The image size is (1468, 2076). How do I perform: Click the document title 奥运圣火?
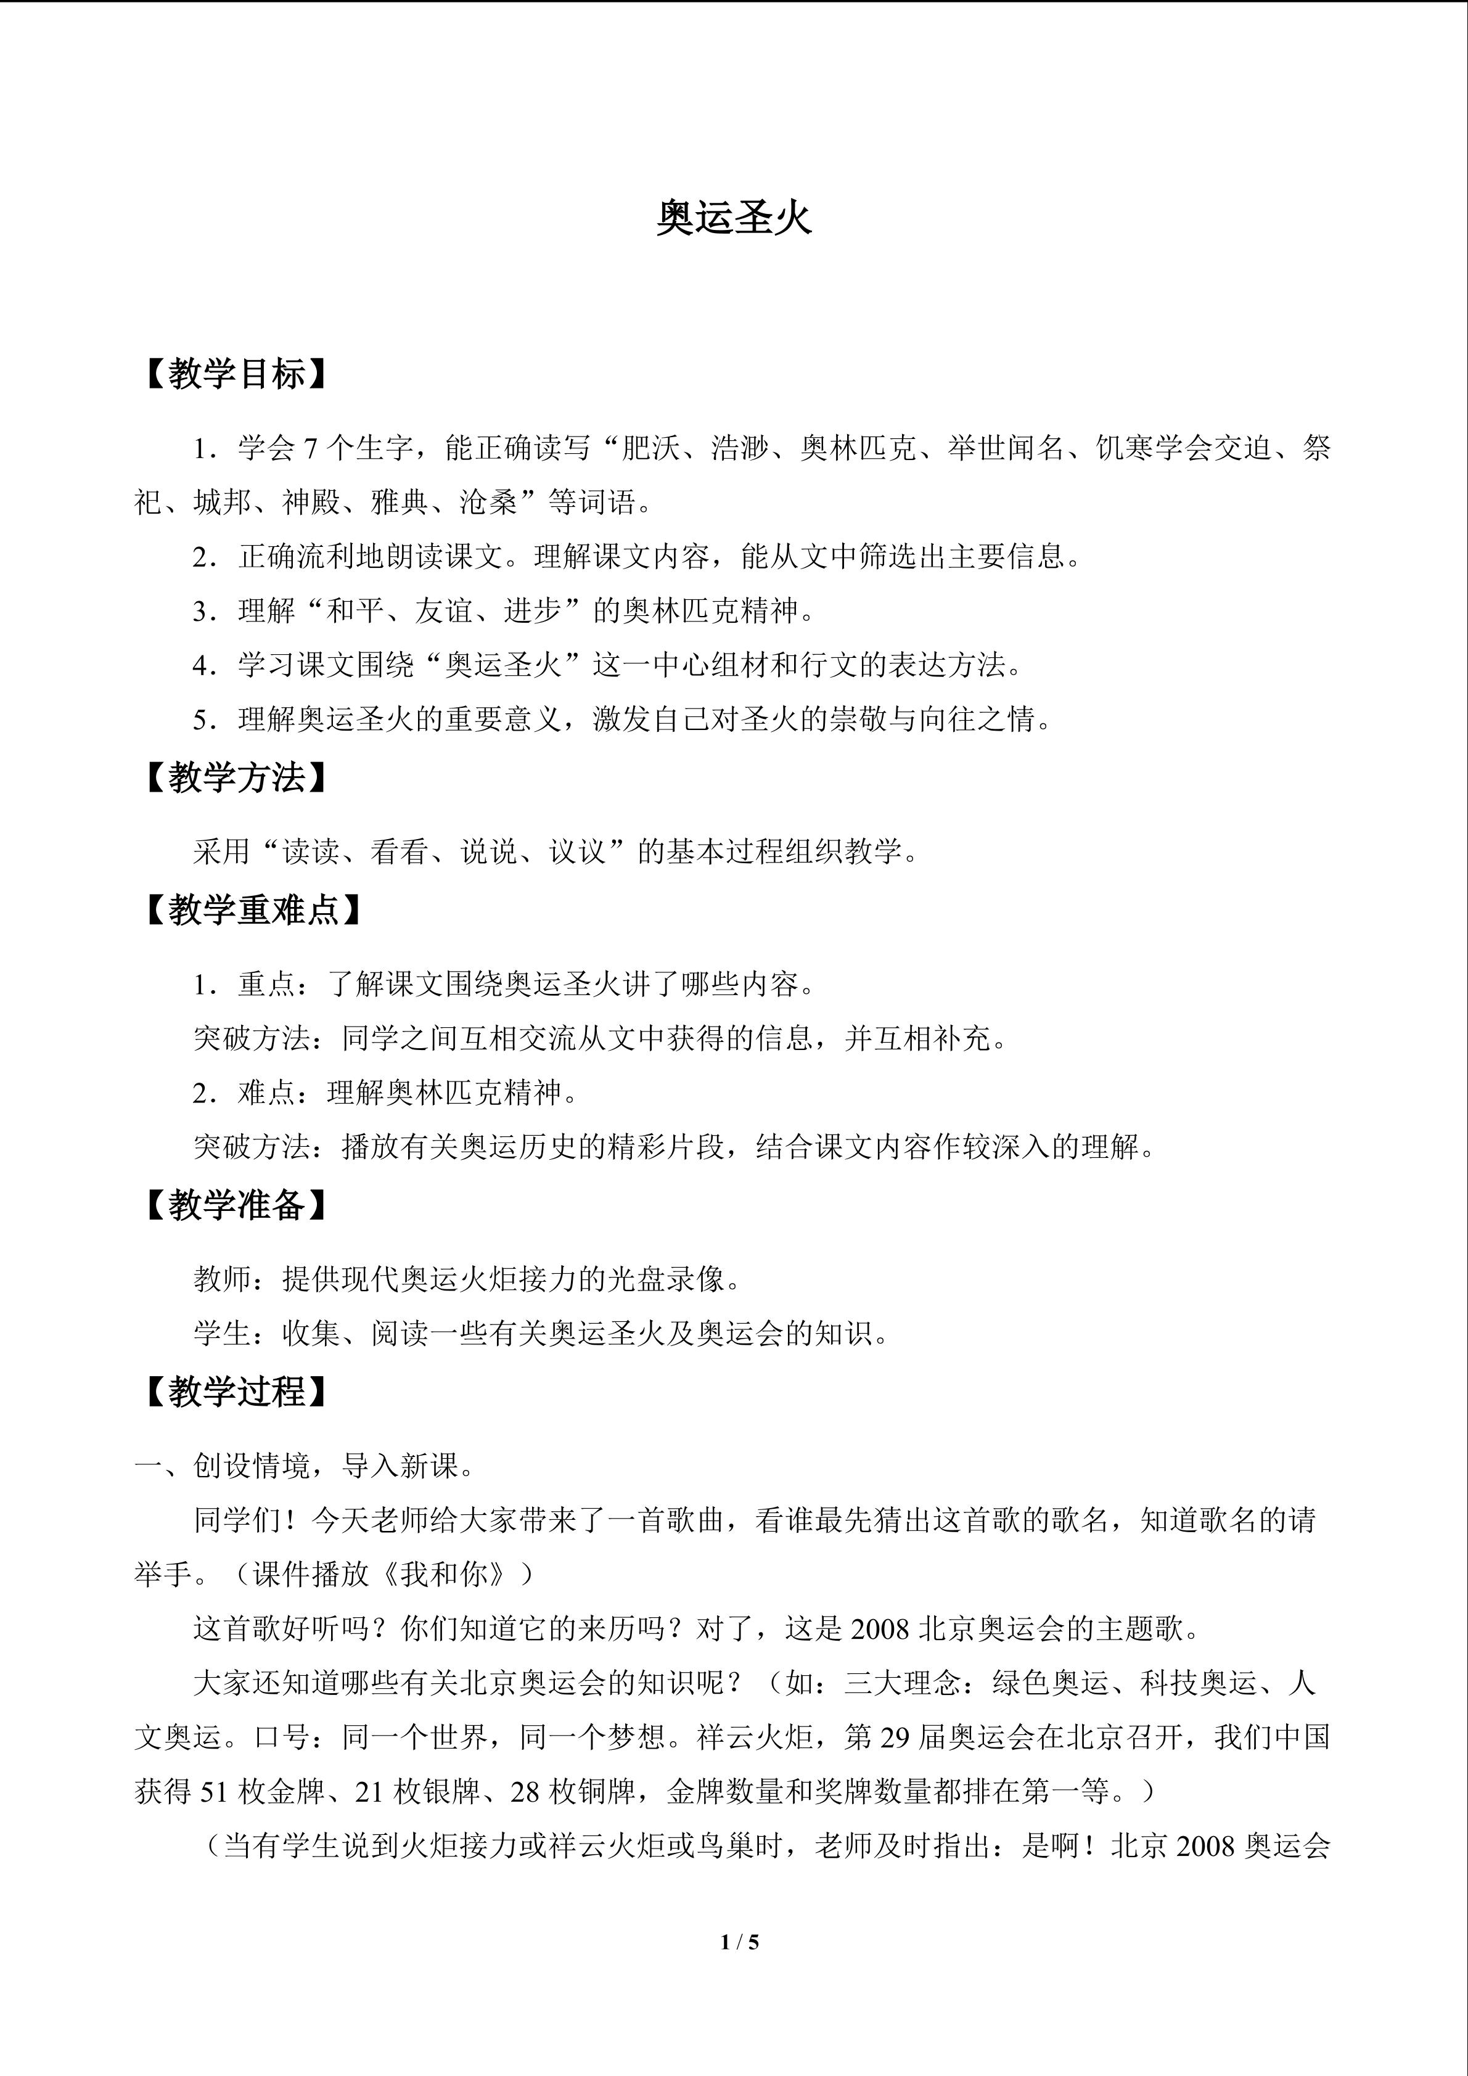(x=734, y=218)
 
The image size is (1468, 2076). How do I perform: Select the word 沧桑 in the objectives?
(x=488, y=502)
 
